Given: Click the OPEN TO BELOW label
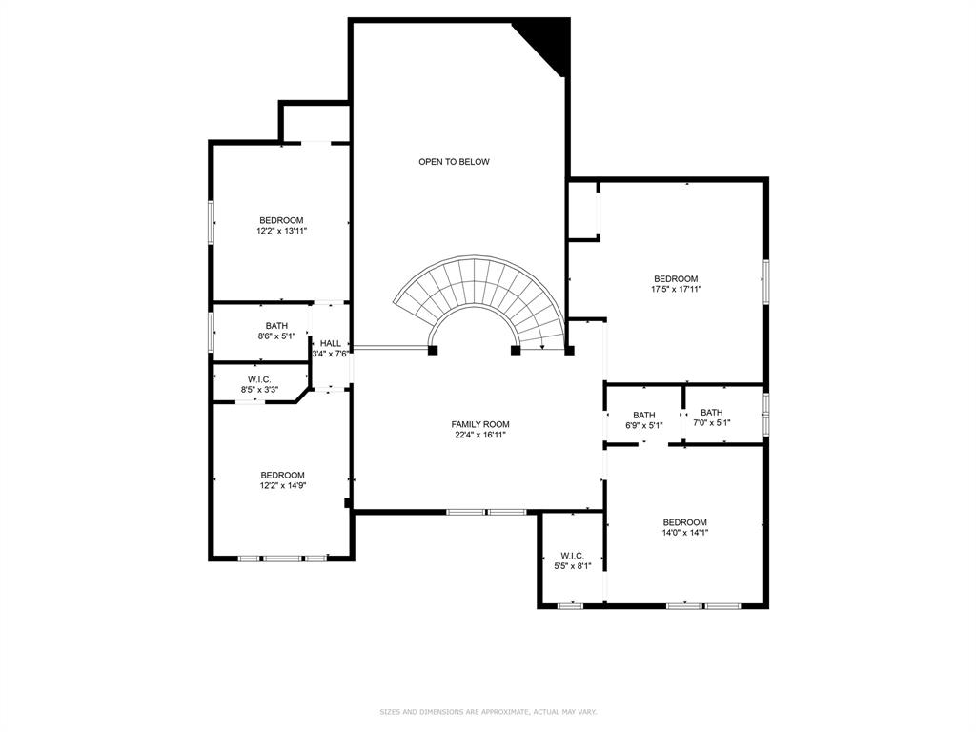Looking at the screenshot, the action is tap(454, 162).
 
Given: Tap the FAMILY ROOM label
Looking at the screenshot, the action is tap(480, 424).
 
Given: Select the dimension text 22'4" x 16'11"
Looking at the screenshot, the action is tap(480, 435).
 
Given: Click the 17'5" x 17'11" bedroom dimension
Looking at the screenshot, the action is tap(676, 289).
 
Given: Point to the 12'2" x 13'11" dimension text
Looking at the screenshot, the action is tap(282, 231).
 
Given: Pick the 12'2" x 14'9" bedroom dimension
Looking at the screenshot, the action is tap(282, 485).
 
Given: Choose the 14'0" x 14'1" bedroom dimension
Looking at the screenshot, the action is tap(684, 532).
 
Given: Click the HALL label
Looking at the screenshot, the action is tap(331, 343).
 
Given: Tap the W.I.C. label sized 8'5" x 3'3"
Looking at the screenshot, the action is tap(259, 379).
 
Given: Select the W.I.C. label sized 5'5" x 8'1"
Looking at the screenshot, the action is tap(572, 556).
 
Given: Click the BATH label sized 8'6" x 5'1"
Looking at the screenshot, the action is tap(276, 326).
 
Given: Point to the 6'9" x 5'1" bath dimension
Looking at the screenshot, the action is tap(644, 425).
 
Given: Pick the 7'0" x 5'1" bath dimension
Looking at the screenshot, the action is tap(711, 422).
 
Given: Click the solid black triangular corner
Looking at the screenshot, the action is tap(548, 44).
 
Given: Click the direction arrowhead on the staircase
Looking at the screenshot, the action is tap(543, 347).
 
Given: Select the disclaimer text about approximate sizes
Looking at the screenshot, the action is tap(488, 711).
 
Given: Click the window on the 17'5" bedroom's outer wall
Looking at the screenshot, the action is tap(766, 282).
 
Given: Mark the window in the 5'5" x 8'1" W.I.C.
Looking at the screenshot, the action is tap(570, 605).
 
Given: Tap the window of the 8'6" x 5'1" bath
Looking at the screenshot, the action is tap(211, 332).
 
